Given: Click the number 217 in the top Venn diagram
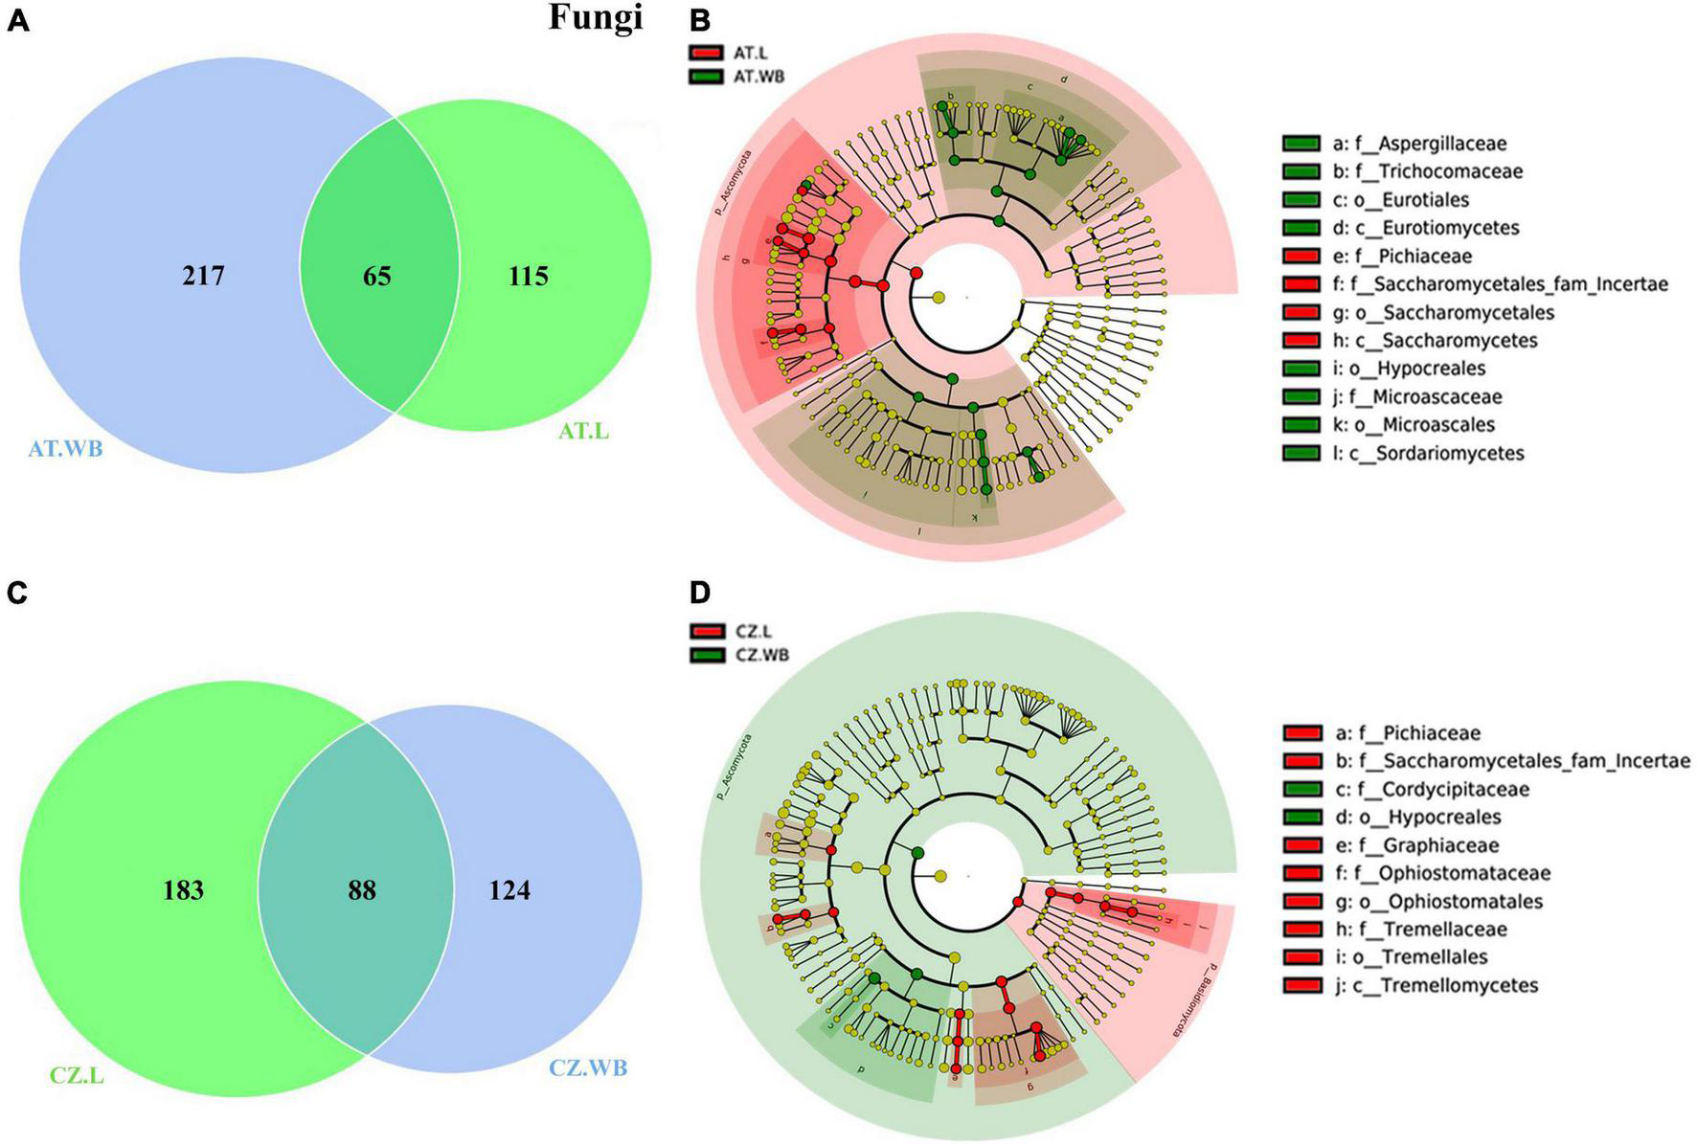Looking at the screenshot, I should [x=203, y=277].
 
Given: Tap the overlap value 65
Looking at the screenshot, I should [x=376, y=277].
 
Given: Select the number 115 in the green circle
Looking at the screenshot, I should [x=528, y=277].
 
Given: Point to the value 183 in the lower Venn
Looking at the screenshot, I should [x=183, y=890].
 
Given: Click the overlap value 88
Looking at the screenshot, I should [x=362, y=890].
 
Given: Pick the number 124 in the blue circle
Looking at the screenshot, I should [x=509, y=890].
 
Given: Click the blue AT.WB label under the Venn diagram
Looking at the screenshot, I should [x=65, y=448].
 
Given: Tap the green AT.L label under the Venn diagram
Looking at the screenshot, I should [x=583, y=432].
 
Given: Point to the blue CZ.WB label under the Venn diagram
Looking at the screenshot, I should [x=588, y=1066].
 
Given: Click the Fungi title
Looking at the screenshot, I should [x=595, y=18].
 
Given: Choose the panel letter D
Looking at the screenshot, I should [x=700, y=593].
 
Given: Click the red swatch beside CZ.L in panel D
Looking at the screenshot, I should [x=704, y=632].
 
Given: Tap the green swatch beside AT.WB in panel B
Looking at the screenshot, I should [x=704, y=76].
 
